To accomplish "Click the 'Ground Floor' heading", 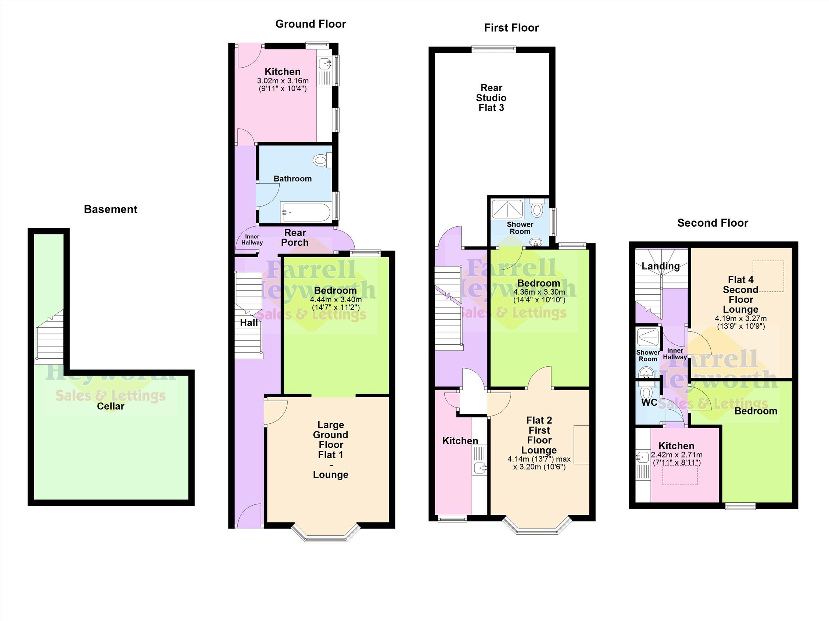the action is tap(311, 24).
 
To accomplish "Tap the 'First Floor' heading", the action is tap(511, 28).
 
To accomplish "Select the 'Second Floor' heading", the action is tap(713, 223).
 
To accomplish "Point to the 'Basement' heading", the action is tap(111, 209).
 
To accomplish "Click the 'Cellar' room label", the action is tap(111, 406).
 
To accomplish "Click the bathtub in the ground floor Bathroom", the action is tap(305, 213).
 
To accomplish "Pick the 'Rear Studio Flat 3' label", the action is tap(491, 98).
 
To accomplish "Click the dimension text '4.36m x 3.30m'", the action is tap(539, 292).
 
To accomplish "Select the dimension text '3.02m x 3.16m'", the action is tap(283, 80).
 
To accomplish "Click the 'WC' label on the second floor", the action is tap(649, 402).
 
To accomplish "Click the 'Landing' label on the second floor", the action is tap(660, 266).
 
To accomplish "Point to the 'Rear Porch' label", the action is tap(295, 238).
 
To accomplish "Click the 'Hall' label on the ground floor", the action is tap(249, 323).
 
